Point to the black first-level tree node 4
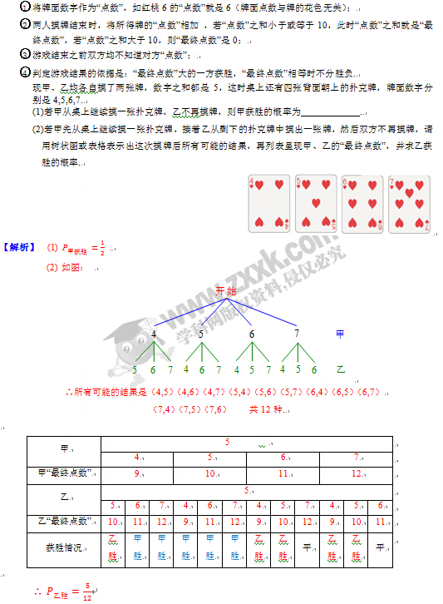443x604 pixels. (x=154, y=334)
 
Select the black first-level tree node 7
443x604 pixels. (x=297, y=334)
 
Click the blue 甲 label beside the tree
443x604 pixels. (x=339, y=334)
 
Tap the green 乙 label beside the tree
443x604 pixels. (x=339, y=369)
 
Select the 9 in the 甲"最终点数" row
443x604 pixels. (x=137, y=473)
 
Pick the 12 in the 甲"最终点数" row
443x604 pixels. (x=356, y=473)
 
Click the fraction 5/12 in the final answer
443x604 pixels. (x=86, y=592)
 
